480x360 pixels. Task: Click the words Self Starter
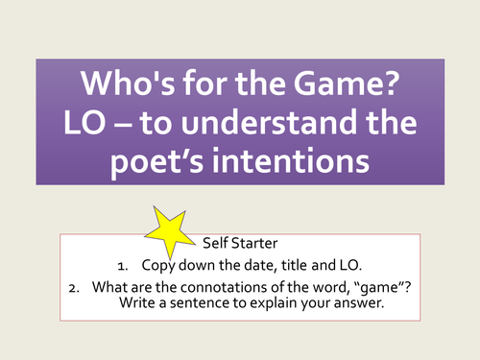pos(240,242)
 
